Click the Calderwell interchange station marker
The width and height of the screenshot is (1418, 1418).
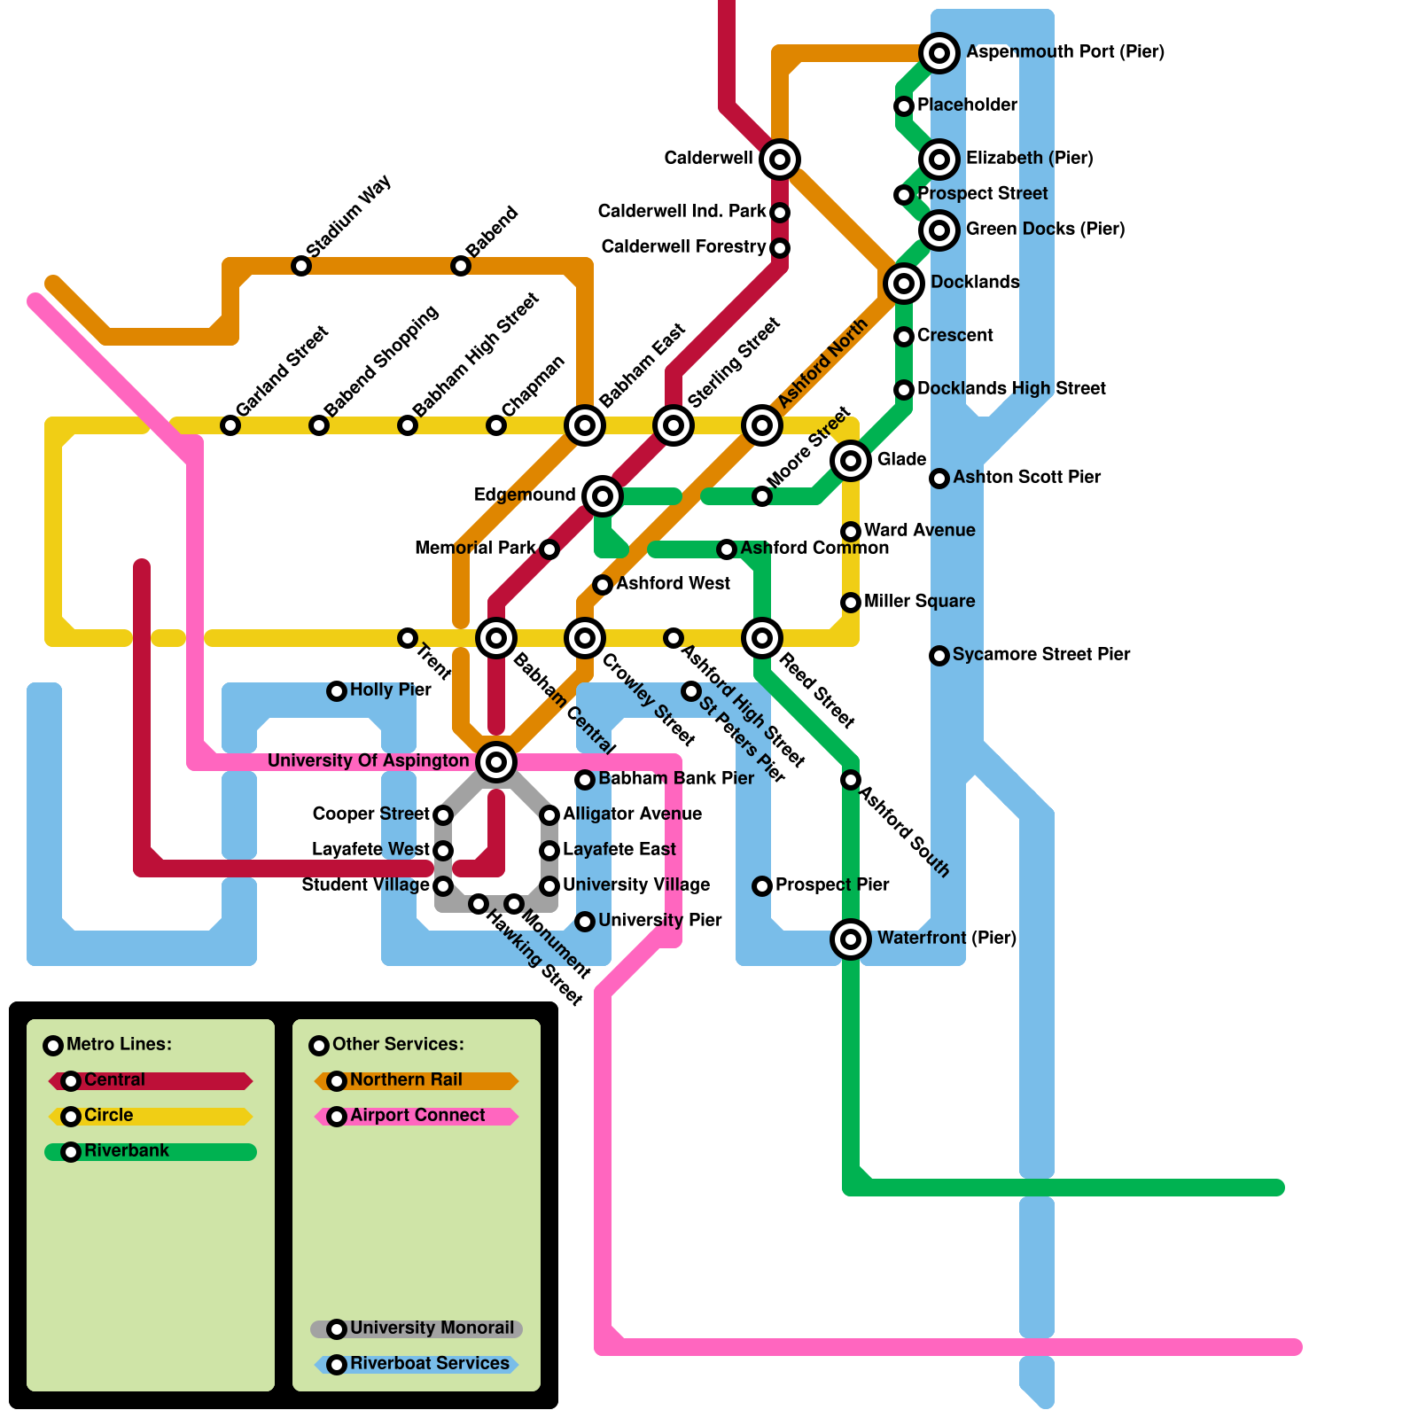point(780,160)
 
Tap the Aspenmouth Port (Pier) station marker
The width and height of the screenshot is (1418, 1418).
point(939,53)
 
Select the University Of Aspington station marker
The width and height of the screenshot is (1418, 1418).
point(496,761)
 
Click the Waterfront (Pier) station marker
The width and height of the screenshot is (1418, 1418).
point(851,939)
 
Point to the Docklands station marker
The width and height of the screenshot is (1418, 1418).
point(904,284)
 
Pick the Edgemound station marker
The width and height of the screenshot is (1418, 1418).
point(603,496)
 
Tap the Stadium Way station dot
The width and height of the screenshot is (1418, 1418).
point(301,266)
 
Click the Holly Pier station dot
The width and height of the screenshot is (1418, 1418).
point(337,691)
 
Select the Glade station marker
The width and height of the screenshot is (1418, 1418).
point(851,461)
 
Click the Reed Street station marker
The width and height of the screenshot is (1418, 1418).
point(762,638)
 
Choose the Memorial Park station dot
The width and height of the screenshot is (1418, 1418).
point(549,549)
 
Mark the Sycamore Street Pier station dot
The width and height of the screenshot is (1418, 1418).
point(939,656)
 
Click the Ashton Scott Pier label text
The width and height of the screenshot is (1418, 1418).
point(1026,477)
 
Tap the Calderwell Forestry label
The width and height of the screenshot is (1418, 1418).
point(683,246)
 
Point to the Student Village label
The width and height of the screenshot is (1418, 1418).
point(365,884)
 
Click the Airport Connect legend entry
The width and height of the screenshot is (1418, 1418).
point(417,1115)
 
